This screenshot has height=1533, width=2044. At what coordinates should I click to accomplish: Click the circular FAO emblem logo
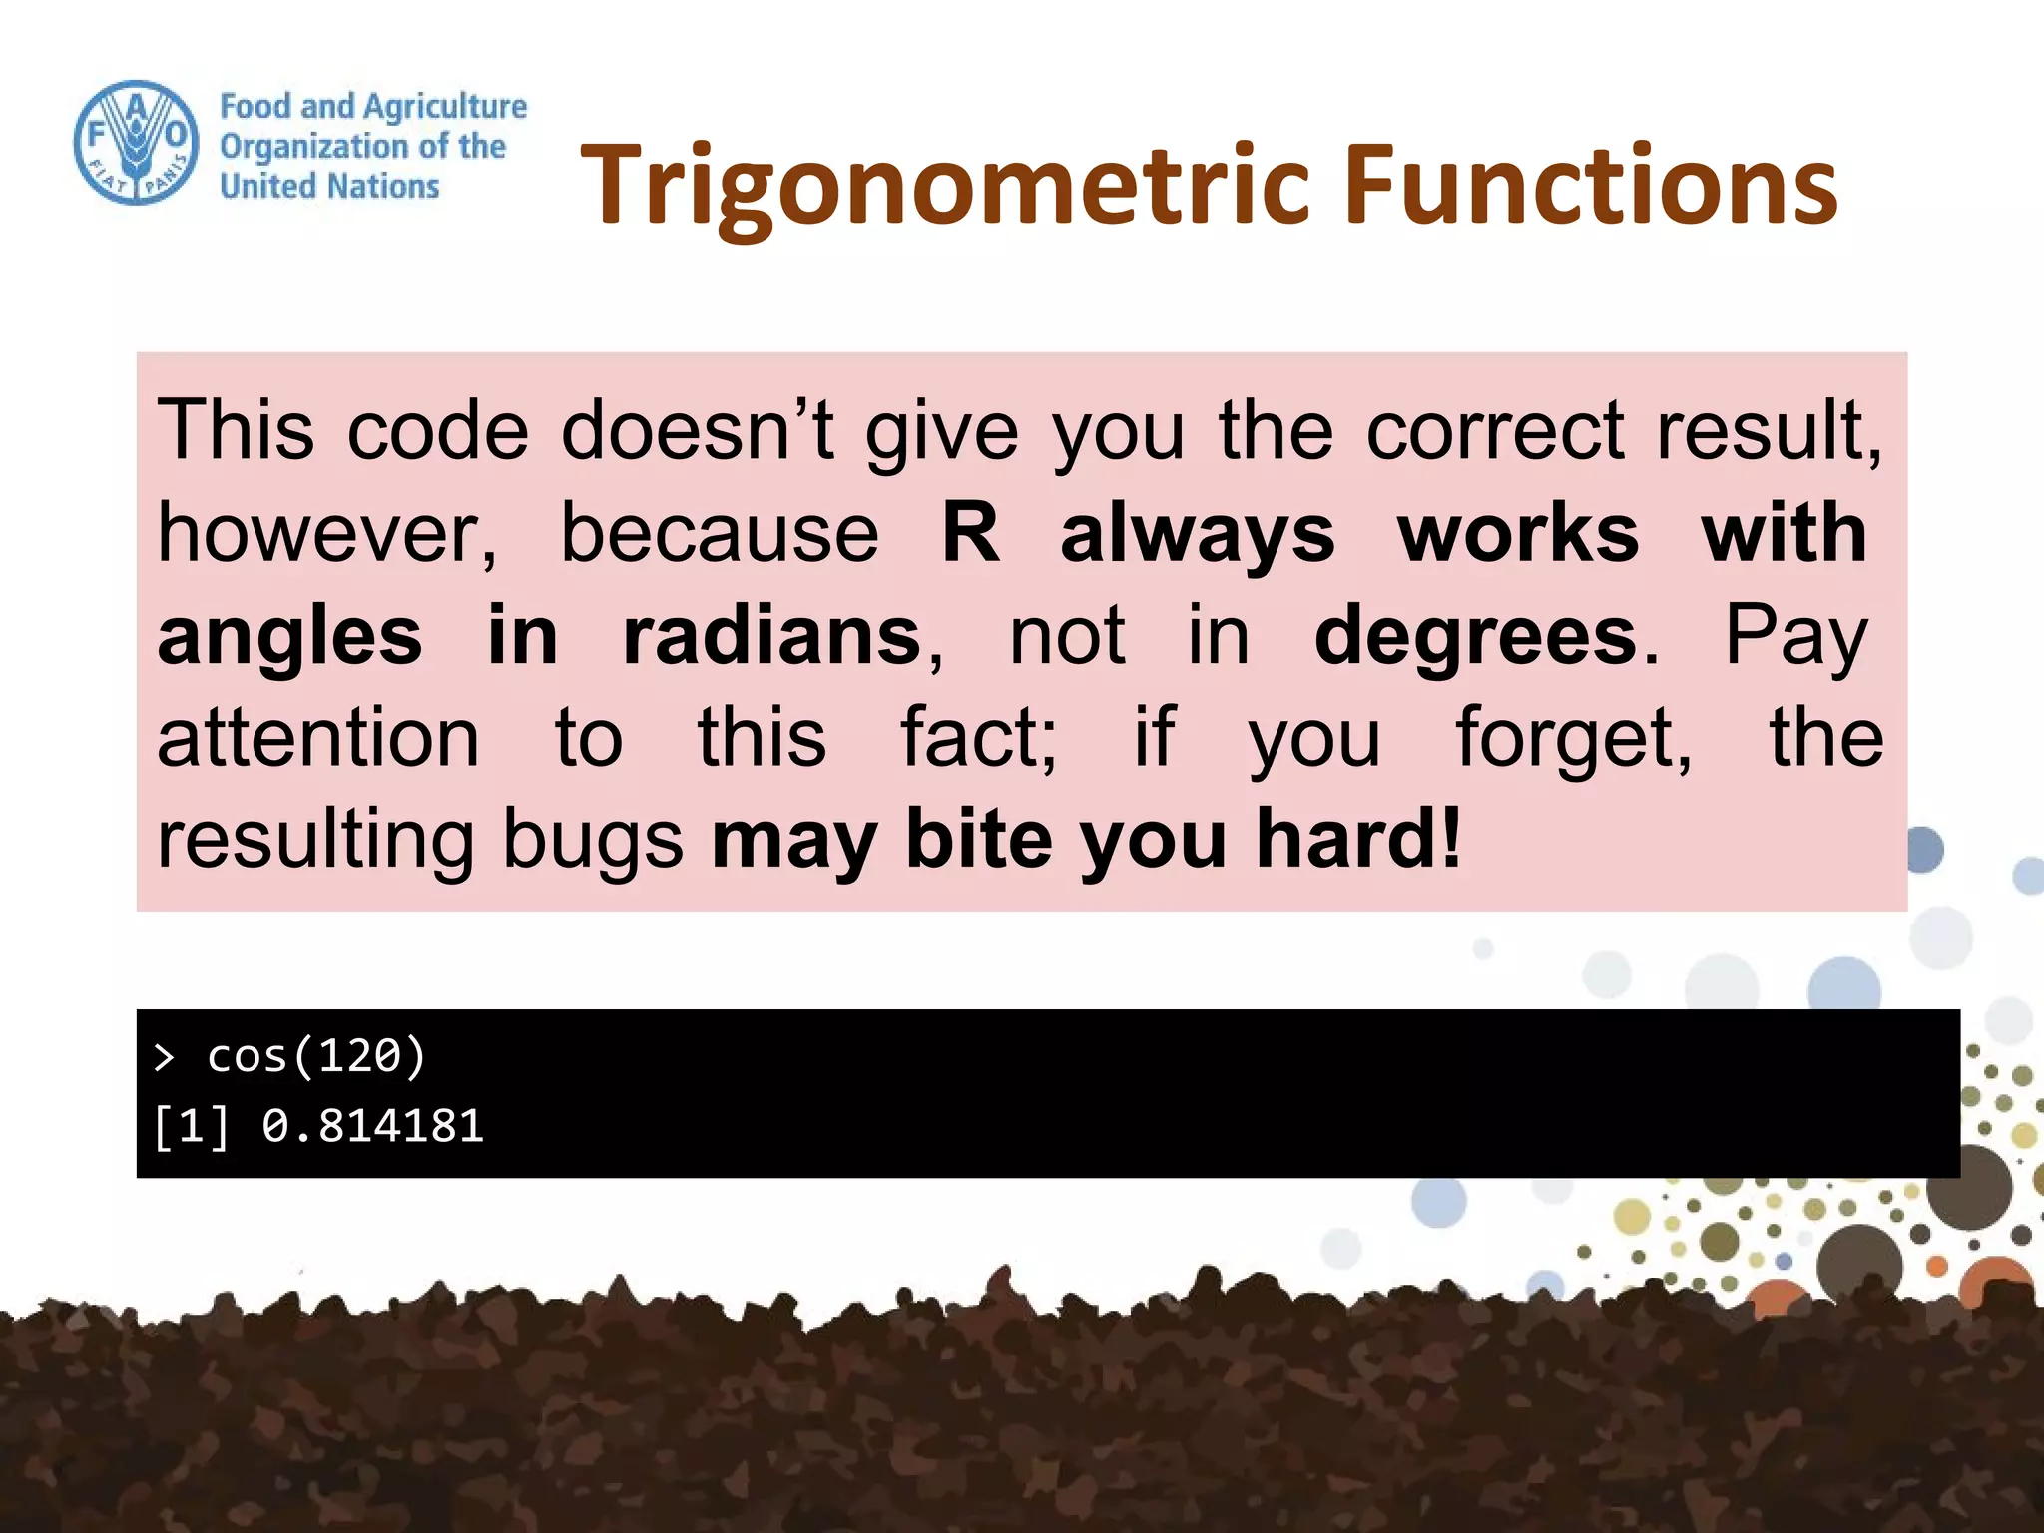pos(137,143)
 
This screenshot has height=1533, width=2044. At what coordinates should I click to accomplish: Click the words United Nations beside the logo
pos(329,187)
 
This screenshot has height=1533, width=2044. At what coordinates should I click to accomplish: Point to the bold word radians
pos(771,636)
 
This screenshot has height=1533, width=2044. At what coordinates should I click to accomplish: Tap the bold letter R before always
pos(970,533)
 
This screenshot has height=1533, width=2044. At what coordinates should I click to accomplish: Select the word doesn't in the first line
pos(698,431)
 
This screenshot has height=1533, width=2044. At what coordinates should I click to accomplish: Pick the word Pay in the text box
pos(1795,636)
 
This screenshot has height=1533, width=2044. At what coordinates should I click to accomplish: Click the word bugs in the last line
pos(592,839)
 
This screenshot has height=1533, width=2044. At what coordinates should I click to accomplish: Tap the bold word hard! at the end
pos(1359,839)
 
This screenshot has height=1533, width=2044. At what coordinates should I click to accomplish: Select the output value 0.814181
pos(372,1126)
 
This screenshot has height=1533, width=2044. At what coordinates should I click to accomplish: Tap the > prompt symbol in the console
pos(165,1057)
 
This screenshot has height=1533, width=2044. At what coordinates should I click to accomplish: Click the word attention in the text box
pos(318,738)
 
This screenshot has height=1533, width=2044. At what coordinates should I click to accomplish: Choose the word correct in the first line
pos(1495,431)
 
